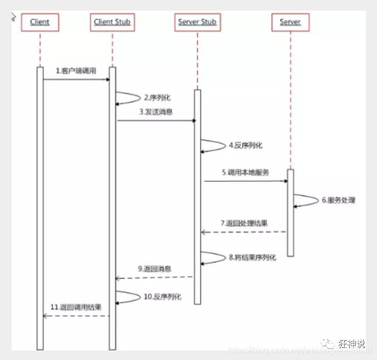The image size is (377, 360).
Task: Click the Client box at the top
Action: tap(40, 22)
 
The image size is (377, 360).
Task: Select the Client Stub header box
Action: tap(112, 22)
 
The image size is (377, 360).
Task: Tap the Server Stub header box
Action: tap(196, 22)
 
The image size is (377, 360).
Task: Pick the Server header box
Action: tap(290, 22)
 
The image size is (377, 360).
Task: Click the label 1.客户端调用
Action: tap(76, 71)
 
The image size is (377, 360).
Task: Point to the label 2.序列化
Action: tap(157, 98)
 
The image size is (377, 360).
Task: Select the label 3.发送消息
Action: tap(156, 112)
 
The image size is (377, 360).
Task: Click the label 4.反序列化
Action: tap(245, 145)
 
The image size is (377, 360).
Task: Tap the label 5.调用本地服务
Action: tap(246, 172)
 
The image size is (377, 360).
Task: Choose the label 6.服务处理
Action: tap(338, 200)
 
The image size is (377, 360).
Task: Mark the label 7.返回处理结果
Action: tap(244, 223)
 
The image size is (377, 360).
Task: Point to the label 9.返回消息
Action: tap(154, 269)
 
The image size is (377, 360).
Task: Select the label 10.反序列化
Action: tap(162, 297)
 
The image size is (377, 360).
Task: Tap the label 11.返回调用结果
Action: tap(76, 307)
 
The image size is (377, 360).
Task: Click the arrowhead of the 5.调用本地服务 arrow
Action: tap(285, 181)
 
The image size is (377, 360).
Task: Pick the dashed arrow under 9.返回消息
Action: tap(154, 277)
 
